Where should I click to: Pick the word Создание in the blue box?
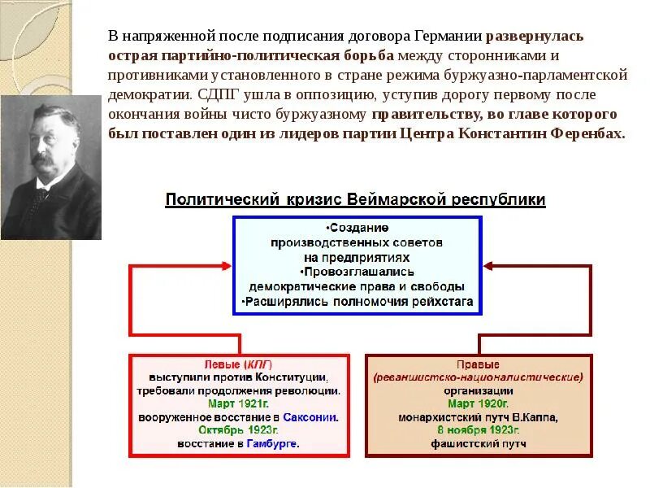357,228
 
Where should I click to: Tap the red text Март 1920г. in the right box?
477,403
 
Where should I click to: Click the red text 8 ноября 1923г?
477,430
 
